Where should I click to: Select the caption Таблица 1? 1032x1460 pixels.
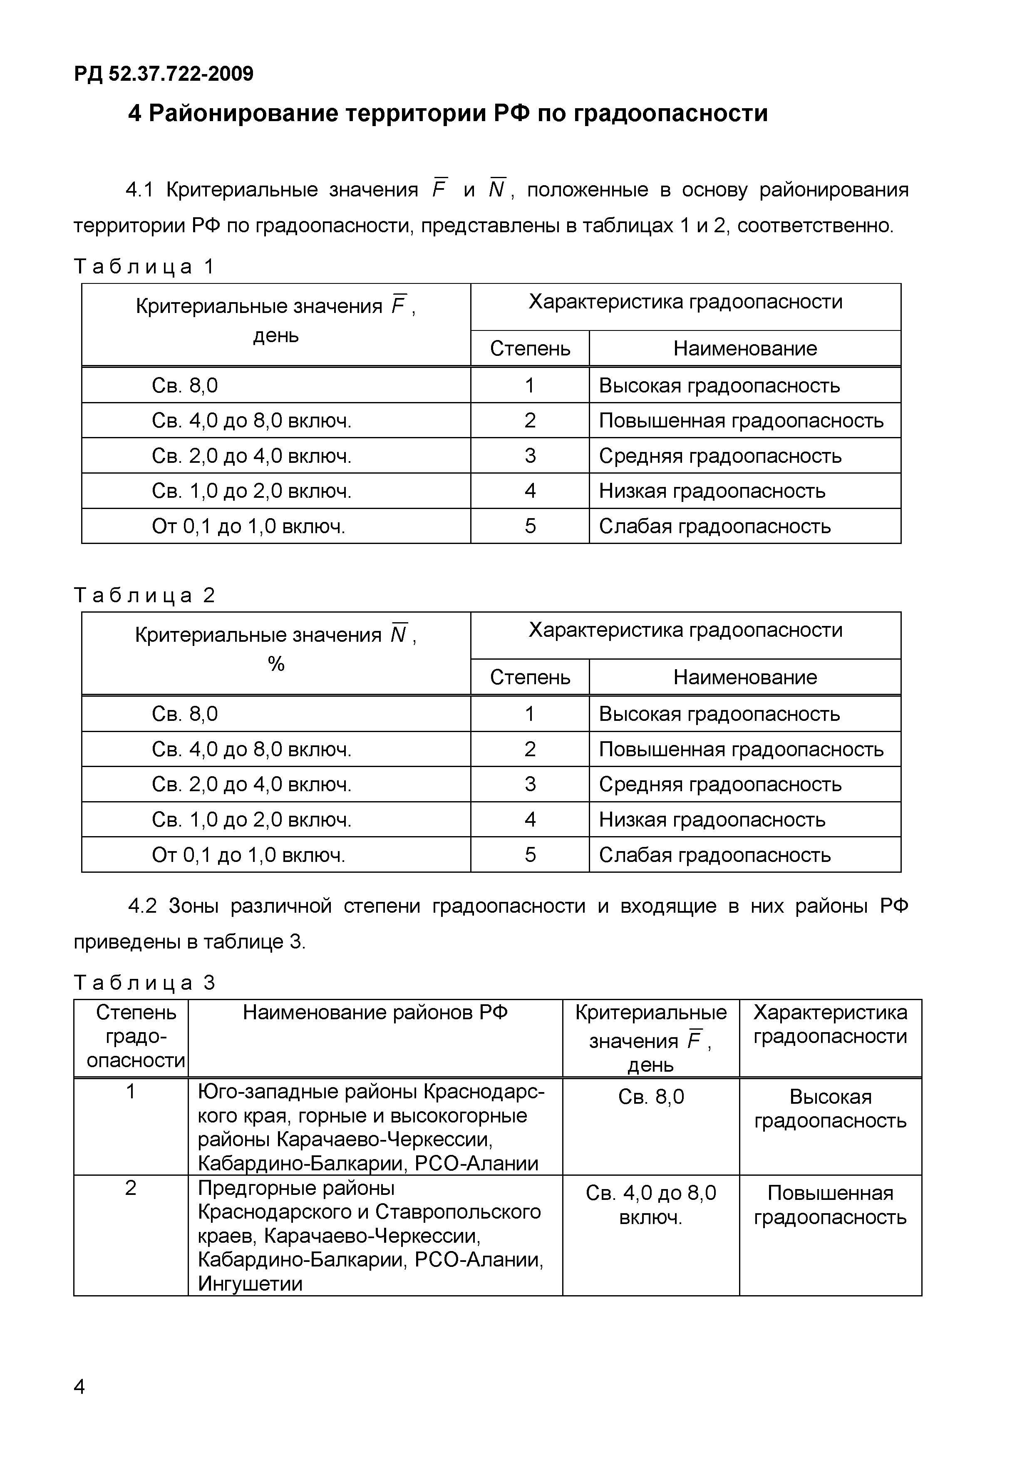pyautogui.click(x=144, y=266)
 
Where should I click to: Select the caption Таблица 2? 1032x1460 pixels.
pyautogui.click(x=144, y=595)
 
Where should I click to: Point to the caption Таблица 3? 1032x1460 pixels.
pyautogui.click(x=144, y=983)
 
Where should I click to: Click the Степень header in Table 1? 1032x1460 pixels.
pyautogui.click(x=530, y=348)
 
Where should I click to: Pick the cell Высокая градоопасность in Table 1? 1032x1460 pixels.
pyautogui.click(x=719, y=385)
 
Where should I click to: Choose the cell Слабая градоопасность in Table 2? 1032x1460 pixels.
pyautogui.click(x=715, y=854)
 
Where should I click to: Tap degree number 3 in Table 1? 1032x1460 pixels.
pyautogui.click(x=530, y=456)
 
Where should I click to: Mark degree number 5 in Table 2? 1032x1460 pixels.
pyautogui.click(x=530, y=854)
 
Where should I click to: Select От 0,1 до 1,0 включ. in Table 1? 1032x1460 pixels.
pyautogui.click(x=248, y=526)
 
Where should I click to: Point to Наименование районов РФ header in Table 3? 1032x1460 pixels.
pyautogui.click(x=375, y=1012)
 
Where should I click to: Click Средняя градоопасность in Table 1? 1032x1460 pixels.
pyautogui.click(x=720, y=456)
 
